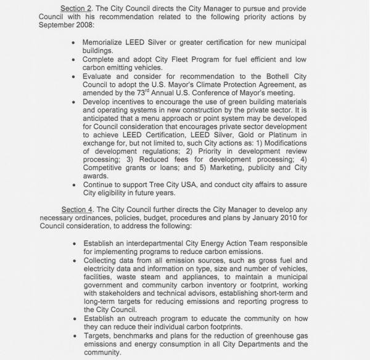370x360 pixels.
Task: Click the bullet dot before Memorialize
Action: click(74, 44)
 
